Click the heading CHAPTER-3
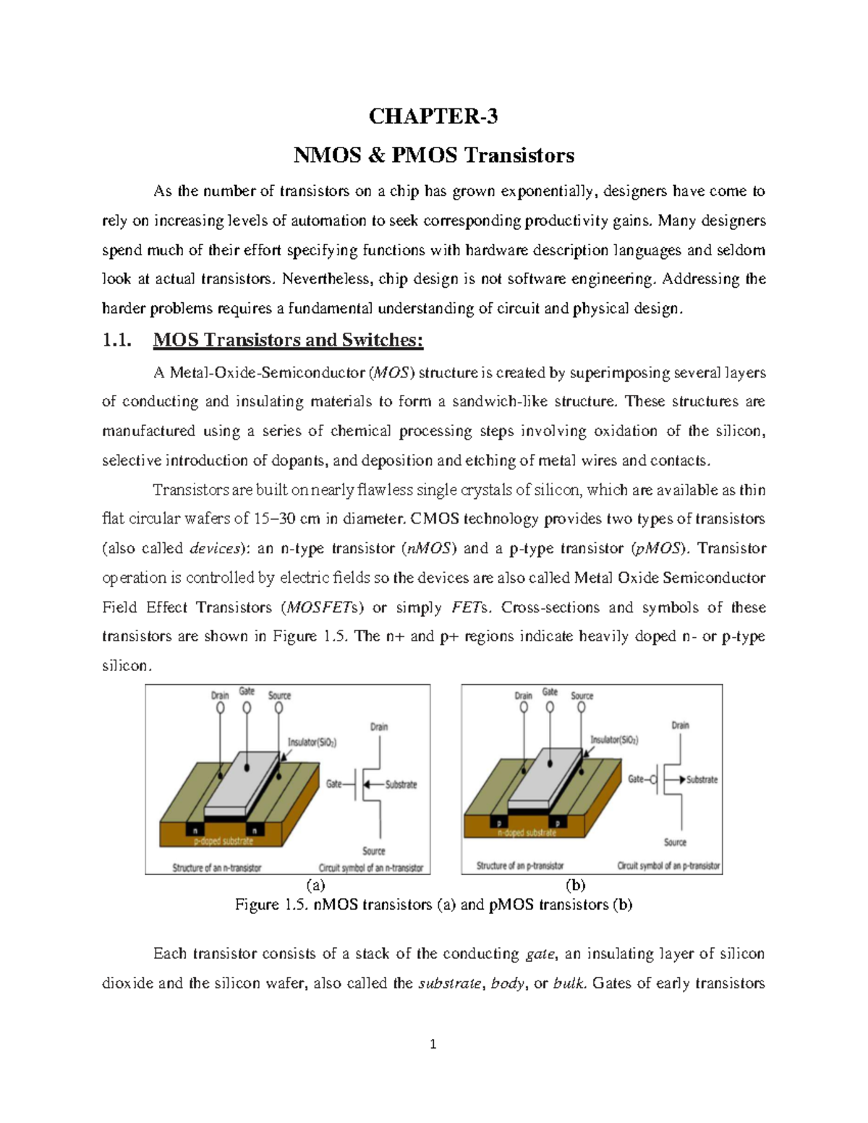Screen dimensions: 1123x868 pos(433,116)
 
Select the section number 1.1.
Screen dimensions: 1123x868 pos(116,340)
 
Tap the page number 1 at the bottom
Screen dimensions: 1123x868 pos(433,1044)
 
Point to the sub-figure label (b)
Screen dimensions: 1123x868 pos(576,885)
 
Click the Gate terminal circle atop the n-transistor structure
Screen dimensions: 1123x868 pos(247,708)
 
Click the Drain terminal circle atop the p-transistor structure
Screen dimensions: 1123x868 pos(523,709)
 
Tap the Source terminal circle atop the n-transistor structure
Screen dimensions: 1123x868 pos(279,708)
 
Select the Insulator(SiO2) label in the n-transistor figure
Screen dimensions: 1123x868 pos(312,742)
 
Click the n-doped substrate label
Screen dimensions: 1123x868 pos(527,833)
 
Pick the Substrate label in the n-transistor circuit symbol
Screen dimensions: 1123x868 pos(401,785)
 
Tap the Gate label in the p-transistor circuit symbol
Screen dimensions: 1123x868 pos(636,780)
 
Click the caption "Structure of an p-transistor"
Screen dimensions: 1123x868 pos(519,866)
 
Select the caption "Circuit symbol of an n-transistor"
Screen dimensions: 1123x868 pos(370,868)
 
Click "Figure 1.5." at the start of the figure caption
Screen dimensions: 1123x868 pos(272,905)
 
